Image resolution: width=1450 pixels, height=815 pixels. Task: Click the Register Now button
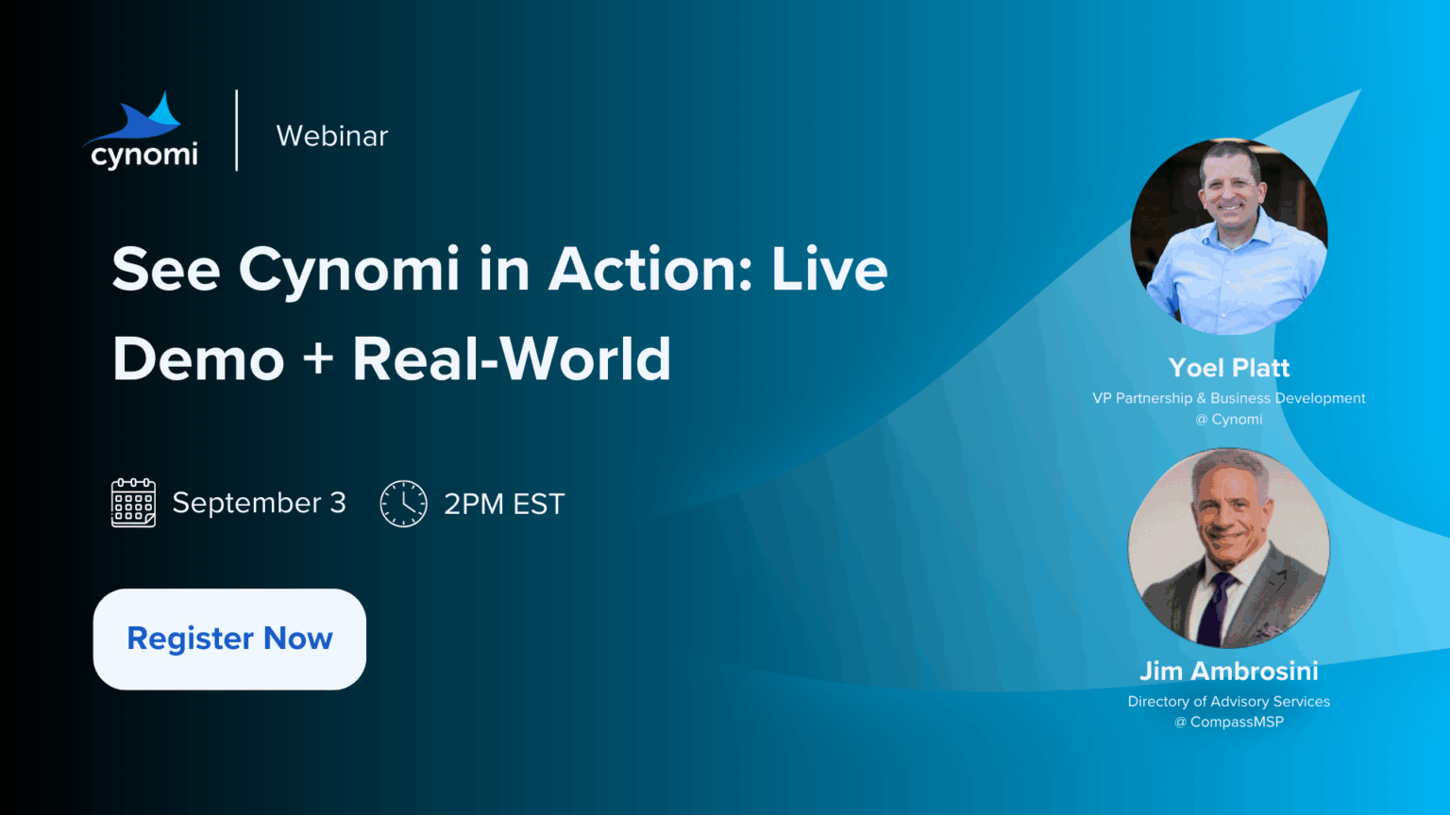click(229, 639)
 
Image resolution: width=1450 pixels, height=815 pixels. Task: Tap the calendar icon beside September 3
click(133, 503)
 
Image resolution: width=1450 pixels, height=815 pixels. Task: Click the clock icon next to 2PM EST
click(403, 503)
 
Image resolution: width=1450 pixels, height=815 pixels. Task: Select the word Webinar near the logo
click(332, 136)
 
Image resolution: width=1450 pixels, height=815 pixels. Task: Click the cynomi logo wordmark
click(143, 156)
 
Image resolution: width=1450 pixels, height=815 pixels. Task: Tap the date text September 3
click(259, 503)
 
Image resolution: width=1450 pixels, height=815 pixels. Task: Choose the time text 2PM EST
click(504, 504)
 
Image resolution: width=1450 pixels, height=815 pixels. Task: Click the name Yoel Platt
click(1228, 367)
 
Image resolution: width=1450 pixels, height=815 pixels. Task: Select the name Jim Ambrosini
click(1228, 671)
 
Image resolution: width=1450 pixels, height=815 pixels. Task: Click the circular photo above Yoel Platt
click(1228, 236)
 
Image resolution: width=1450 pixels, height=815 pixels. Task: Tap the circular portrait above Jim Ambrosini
click(1228, 548)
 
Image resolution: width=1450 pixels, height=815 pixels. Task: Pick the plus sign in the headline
click(318, 359)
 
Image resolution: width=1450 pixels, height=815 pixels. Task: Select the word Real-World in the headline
click(512, 359)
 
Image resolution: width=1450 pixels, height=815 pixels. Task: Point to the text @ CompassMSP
click(1228, 722)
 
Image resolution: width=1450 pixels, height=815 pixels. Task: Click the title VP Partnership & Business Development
click(1228, 398)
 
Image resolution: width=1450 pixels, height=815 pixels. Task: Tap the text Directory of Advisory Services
click(1228, 702)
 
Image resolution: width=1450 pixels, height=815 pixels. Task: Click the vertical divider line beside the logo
click(237, 130)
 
